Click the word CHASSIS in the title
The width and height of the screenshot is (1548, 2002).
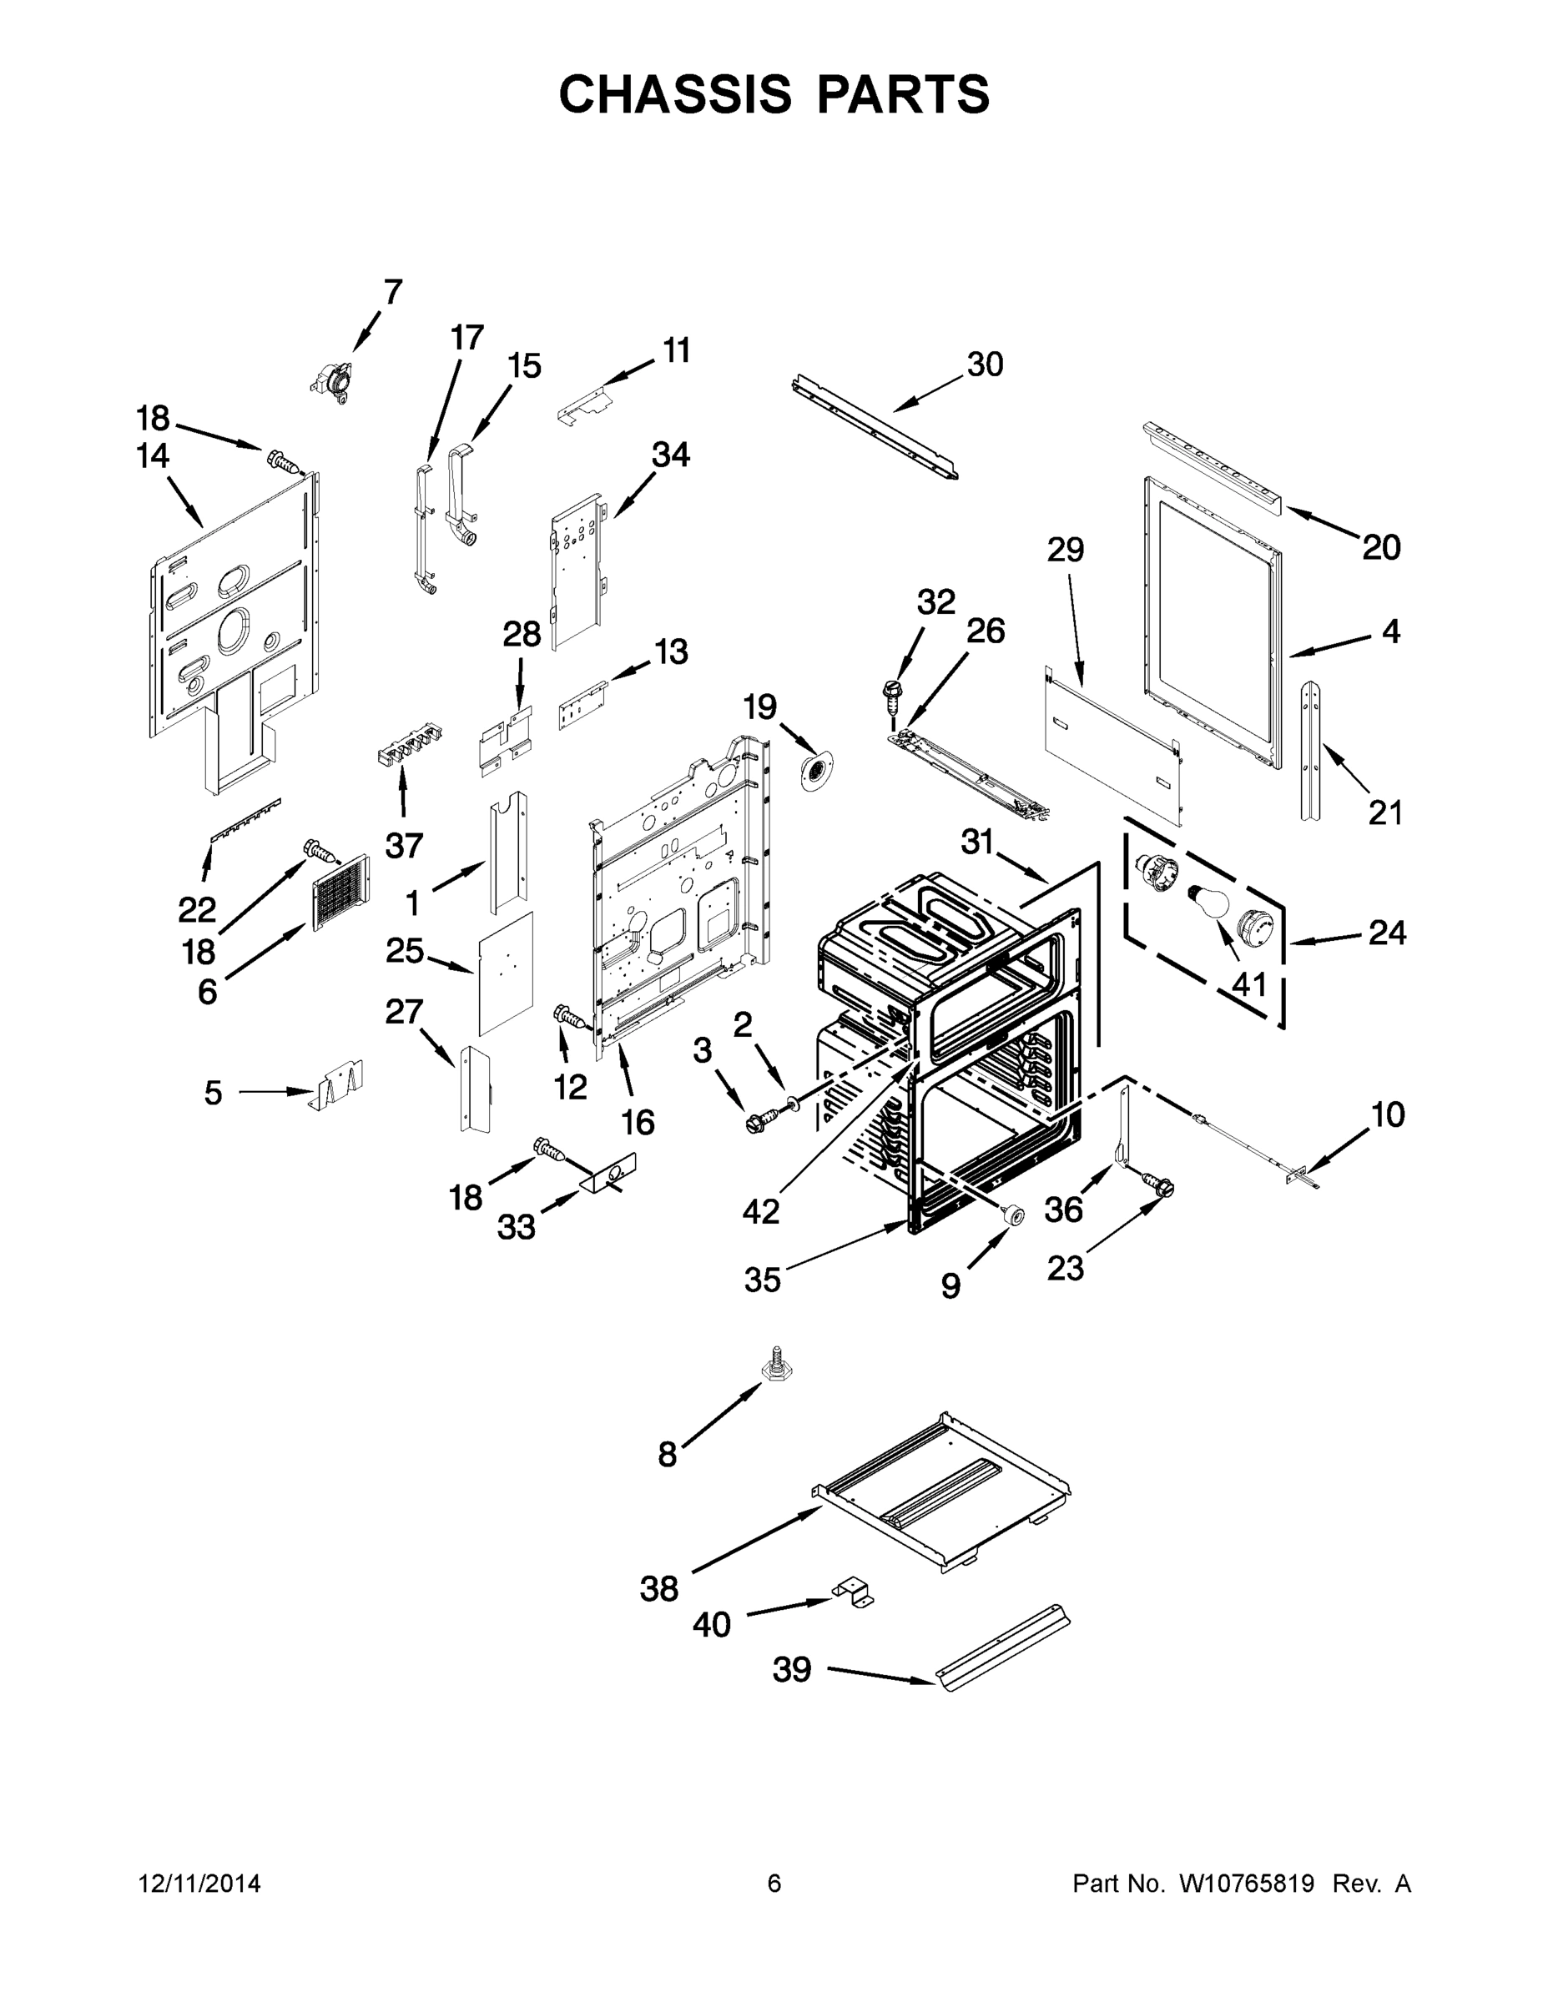(x=675, y=94)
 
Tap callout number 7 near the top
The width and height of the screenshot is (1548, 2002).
(x=393, y=293)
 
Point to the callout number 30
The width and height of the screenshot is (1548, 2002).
(x=985, y=365)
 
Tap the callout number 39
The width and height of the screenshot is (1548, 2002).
(x=791, y=1669)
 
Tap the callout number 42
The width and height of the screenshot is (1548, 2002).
(x=760, y=1211)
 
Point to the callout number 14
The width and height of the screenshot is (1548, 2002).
(x=154, y=455)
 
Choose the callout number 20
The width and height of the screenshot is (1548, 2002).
(x=1380, y=548)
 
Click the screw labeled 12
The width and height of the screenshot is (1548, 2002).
(x=568, y=1017)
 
